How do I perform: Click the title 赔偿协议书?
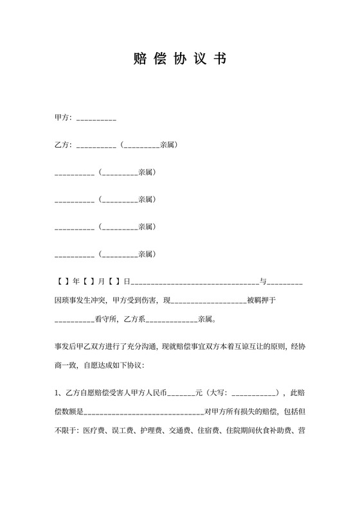click(x=179, y=59)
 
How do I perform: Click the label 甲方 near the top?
click(x=62, y=118)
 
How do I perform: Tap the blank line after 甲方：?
click(x=96, y=120)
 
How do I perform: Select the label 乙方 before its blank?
click(x=62, y=145)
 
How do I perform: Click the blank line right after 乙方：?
click(x=96, y=147)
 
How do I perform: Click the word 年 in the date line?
click(x=76, y=281)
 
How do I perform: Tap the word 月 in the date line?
click(x=102, y=281)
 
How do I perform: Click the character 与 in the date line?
click(x=262, y=281)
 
